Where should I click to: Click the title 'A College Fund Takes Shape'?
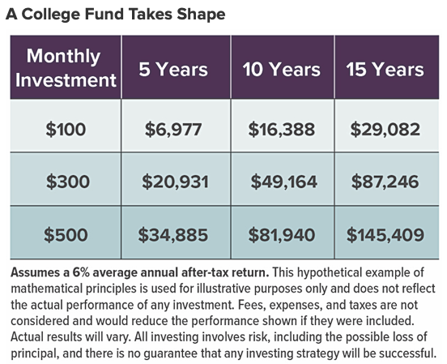116,15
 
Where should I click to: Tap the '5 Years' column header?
174,70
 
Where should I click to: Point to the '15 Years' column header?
385,70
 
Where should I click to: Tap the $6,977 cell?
174,128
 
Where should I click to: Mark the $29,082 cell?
385,128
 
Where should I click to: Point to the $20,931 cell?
174,182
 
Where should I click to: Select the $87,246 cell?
385,182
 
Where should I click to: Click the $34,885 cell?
174,235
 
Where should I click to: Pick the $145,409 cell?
385,235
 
